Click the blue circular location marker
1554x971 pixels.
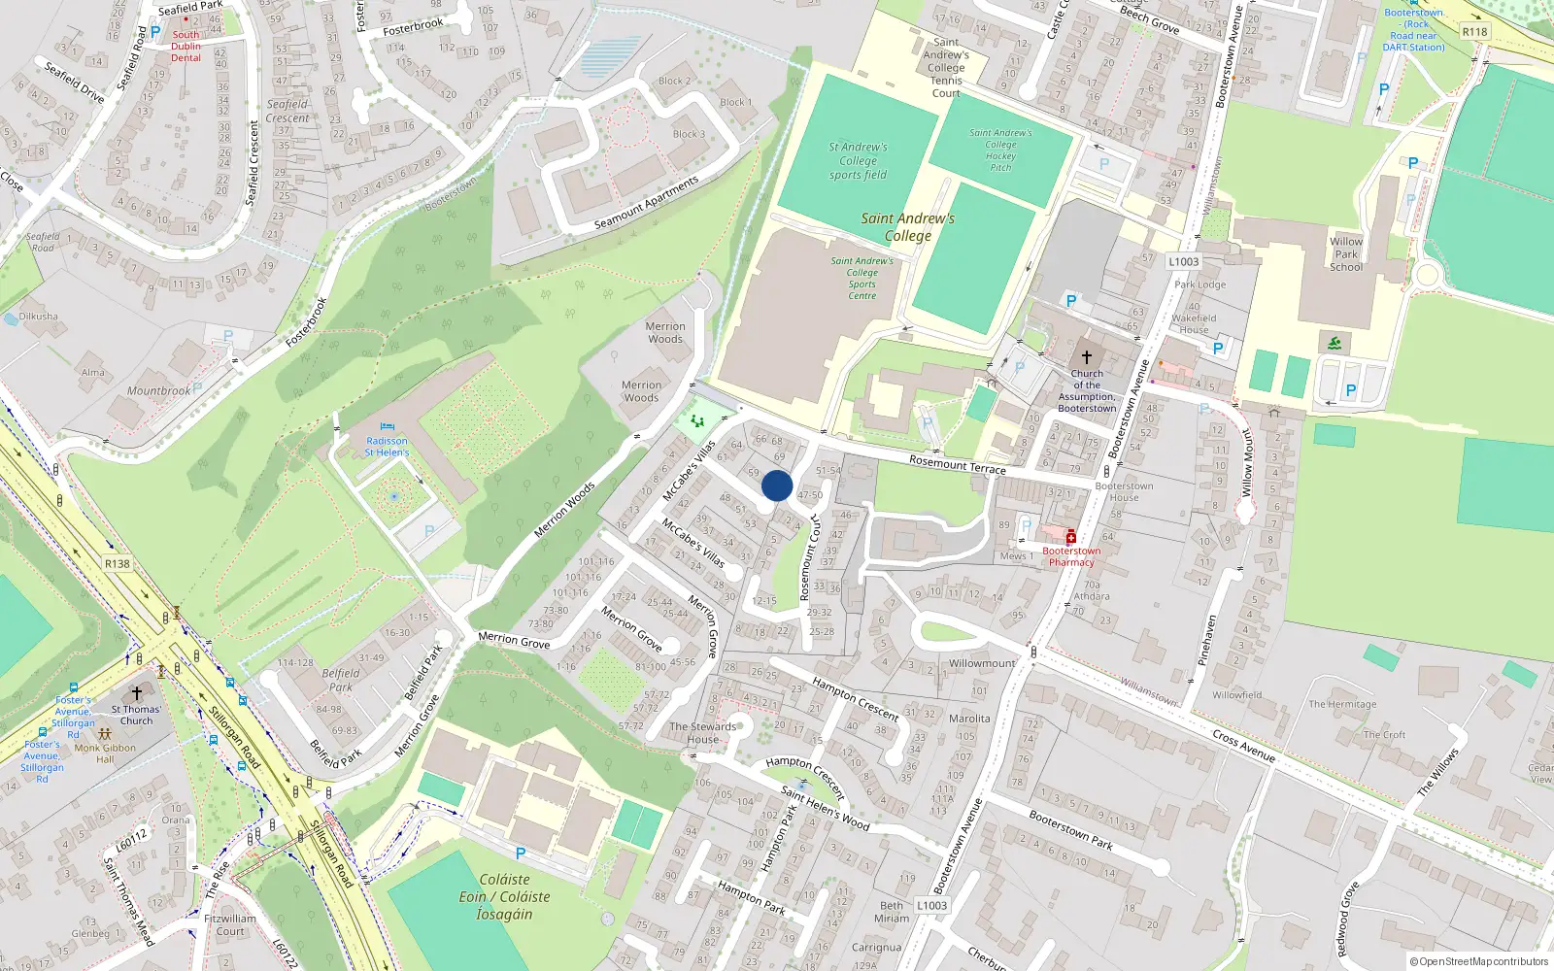[777, 485]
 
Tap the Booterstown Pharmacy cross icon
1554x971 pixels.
[1071, 538]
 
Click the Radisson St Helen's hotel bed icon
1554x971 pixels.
[387, 427]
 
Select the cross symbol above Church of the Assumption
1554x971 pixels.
[1087, 357]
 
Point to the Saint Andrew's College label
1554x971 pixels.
[907, 227]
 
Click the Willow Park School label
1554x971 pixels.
[1346, 254]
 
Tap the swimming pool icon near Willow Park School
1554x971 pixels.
[1334, 343]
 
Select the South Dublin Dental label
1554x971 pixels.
[186, 46]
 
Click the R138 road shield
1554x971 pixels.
[118, 563]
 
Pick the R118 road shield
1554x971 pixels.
[1474, 32]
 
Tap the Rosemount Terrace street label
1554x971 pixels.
[958, 464]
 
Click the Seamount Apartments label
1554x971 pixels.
[646, 203]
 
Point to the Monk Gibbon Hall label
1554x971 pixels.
[105, 753]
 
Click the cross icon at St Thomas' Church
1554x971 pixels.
[137, 693]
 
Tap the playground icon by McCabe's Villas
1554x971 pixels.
[695, 421]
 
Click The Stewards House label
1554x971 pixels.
[703, 733]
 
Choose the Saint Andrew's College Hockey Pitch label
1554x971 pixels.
[1000, 151]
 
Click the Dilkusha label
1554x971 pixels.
[39, 317]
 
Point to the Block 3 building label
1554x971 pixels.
[690, 134]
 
